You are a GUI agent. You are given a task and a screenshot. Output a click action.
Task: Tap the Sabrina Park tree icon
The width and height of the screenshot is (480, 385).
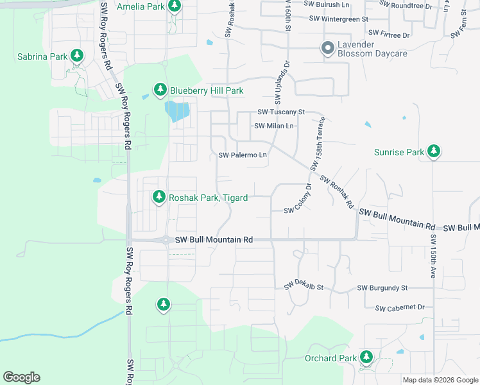click(77, 56)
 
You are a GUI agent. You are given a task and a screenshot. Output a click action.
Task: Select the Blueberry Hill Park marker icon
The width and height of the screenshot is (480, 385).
click(160, 90)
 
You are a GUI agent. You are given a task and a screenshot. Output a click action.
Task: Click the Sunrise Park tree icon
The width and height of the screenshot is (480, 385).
click(434, 151)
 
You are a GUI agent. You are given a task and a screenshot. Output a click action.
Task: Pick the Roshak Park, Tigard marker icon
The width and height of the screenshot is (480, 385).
click(159, 197)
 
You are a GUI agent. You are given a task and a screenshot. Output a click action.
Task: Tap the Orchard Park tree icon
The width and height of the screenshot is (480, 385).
click(366, 357)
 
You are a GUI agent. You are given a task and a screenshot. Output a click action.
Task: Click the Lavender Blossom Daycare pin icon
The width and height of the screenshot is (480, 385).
click(327, 48)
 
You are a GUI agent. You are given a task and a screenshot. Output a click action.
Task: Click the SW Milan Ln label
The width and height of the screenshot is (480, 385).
click(274, 126)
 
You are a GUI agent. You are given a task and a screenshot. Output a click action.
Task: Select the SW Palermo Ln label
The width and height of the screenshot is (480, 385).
click(243, 155)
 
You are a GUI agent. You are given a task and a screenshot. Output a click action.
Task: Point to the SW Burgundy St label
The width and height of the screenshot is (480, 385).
click(382, 288)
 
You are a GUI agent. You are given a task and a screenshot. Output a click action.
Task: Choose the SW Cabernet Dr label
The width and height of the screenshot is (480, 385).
click(400, 308)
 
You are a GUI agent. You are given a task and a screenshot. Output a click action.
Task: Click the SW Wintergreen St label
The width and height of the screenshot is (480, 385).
click(338, 19)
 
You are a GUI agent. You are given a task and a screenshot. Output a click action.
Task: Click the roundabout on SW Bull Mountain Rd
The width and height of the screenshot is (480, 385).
click(166, 240)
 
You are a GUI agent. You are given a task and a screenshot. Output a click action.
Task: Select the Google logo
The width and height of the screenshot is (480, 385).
click(21, 377)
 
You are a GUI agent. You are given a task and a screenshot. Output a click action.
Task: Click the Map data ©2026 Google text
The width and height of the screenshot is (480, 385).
click(440, 380)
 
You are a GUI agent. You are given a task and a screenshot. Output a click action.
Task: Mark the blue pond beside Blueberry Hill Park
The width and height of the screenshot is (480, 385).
click(177, 112)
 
